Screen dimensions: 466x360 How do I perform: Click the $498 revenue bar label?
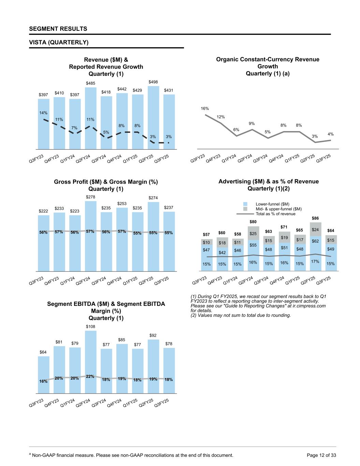pos(153,82)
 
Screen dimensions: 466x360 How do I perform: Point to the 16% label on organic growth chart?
pos(204,109)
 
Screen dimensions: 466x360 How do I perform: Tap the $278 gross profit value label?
pos(90,197)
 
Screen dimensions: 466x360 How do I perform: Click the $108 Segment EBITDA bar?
pos(90,362)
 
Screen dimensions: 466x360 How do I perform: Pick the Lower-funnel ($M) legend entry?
pos(272,204)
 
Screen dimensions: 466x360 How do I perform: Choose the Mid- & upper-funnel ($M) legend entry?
pos(278,209)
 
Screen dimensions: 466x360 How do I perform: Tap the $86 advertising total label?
pos(316,218)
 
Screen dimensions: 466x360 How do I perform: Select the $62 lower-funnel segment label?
pos(316,241)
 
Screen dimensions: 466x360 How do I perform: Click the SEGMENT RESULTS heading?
pos(58,29)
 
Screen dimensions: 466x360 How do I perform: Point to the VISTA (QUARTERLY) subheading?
pos(59,42)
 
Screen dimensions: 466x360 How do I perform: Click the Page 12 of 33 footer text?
pos(321,455)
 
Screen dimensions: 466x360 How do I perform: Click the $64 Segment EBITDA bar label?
pos(43,352)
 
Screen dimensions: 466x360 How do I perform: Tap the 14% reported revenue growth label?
pos(43,113)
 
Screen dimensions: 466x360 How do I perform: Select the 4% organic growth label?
pos(330,135)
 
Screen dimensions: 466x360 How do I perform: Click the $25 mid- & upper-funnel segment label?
pos(253,234)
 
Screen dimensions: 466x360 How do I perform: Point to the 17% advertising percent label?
pos(315,261)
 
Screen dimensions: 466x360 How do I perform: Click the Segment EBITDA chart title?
pos(106,311)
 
